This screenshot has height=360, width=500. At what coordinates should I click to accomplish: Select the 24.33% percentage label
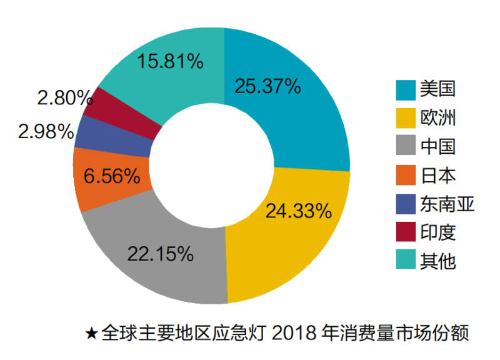pyautogui.click(x=298, y=211)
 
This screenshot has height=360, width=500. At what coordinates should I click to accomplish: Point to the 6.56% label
pyautogui.click(x=112, y=176)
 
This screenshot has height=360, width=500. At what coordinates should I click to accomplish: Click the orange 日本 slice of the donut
pyautogui.click(x=94, y=187)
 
